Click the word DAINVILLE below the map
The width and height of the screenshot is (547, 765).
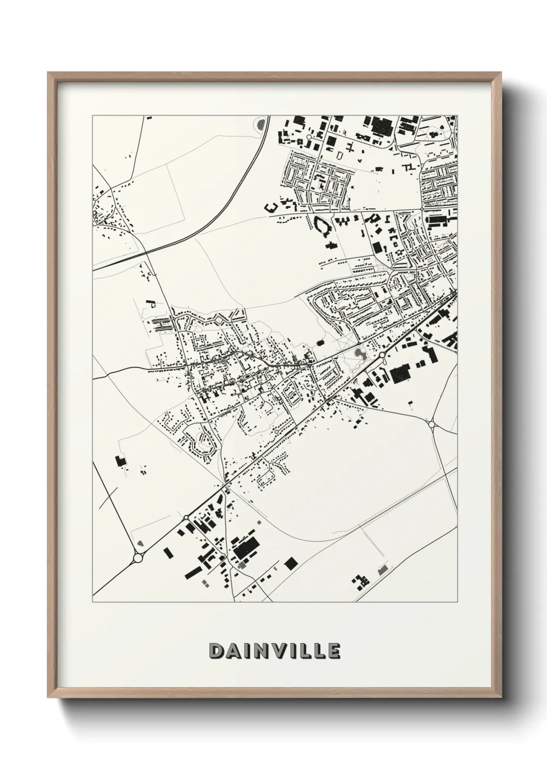coord(275,651)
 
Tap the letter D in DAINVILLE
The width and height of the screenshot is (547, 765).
coord(216,651)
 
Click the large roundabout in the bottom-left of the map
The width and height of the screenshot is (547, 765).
coord(138,558)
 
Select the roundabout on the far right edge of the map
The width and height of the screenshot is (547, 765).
coord(432,424)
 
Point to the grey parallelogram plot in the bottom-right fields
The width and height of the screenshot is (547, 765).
coord(382,570)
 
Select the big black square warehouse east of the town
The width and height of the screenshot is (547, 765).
coord(399,374)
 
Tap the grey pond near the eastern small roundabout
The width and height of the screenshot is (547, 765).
coord(360,354)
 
